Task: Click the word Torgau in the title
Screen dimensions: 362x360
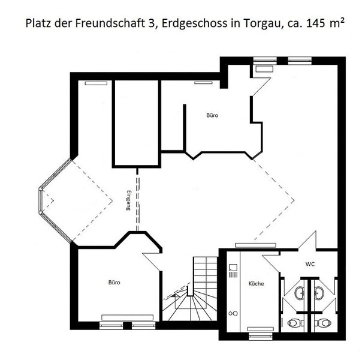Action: (263, 24)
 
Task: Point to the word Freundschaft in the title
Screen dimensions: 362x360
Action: (110, 23)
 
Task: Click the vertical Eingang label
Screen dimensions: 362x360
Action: (128, 200)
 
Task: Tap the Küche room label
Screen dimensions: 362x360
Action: (257, 284)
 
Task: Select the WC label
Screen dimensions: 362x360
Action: (310, 264)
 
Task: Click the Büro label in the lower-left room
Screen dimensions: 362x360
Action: (114, 283)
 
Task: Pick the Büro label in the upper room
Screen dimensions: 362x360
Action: (212, 115)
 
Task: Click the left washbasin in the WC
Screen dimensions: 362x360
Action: (300, 293)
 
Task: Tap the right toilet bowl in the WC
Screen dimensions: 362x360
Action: (324, 323)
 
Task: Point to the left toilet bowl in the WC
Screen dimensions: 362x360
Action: (295, 323)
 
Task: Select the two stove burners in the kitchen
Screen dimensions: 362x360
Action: (233, 313)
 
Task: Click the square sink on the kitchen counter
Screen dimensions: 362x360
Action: (233, 268)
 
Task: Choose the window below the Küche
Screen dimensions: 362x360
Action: (261, 337)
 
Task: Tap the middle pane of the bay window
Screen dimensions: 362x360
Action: (41, 200)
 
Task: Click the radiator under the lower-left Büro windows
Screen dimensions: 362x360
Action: (128, 317)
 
